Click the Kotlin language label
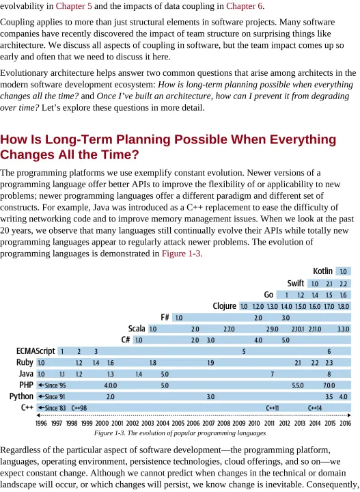(x=322, y=271)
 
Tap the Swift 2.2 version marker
(x=344, y=284)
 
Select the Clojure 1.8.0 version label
(x=344, y=306)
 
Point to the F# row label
(x=165, y=317)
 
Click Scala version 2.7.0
(x=229, y=329)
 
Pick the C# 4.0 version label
(x=258, y=340)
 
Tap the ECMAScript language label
(x=36, y=351)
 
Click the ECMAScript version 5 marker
(x=244, y=351)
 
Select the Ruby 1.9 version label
(x=210, y=363)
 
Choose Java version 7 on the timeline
(x=272, y=374)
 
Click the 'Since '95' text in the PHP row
(x=55, y=385)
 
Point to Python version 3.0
(x=210, y=396)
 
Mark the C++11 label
(x=272, y=408)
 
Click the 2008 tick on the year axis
(x=224, y=423)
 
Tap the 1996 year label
(x=41, y=423)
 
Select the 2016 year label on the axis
(x=345, y=423)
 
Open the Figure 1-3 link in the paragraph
(x=181, y=254)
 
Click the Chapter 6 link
(x=245, y=6)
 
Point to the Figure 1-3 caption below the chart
(x=180, y=433)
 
